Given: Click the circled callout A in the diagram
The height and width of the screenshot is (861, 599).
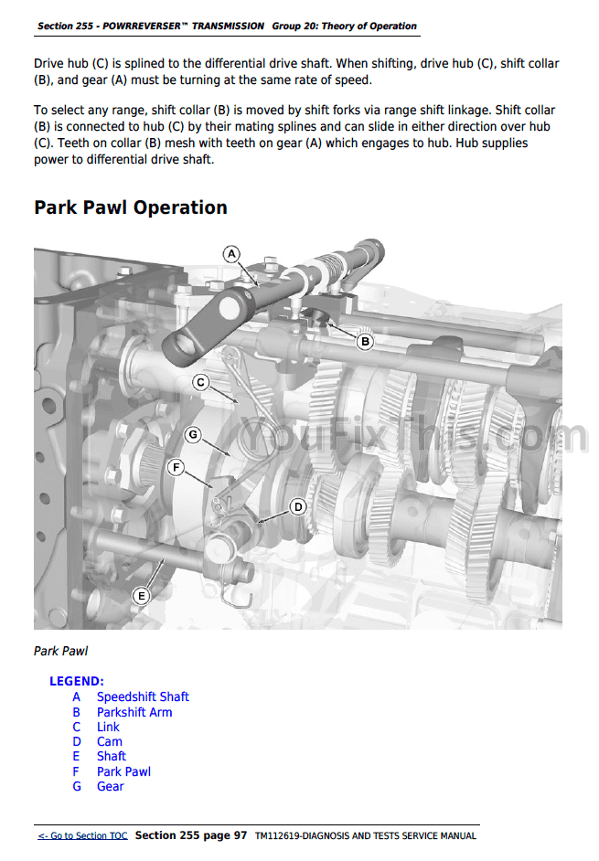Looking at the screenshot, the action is (x=232, y=254).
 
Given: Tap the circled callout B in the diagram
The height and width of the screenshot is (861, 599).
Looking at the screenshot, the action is (x=365, y=342).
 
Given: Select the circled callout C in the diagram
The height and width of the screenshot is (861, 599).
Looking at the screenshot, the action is (x=200, y=382).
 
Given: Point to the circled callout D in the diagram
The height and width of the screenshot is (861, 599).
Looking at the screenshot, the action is (x=298, y=507).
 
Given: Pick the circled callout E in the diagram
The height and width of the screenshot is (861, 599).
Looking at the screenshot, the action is (x=141, y=596).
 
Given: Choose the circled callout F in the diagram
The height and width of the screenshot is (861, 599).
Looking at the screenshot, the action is (x=176, y=467).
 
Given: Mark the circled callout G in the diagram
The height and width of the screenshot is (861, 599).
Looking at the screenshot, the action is (x=192, y=435).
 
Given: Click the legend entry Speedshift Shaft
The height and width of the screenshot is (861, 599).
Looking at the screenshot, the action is (x=143, y=696).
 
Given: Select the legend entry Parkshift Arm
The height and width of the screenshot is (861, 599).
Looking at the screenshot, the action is (x=134, y=712).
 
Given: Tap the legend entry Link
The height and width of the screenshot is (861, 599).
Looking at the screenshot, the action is (x=108, y=727).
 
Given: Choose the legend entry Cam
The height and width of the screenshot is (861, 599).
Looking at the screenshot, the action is (x=110, y=742).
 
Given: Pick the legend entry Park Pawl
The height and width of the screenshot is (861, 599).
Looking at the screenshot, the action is (x=123, y=771).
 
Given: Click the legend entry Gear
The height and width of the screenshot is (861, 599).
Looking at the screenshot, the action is (x=111, y=786).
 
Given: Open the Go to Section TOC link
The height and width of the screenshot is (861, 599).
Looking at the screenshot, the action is (x=82, y=835).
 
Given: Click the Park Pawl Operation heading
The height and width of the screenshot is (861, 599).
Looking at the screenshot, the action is (x=131, y=207).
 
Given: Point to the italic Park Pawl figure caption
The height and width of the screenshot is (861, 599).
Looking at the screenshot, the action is (x=60, y=652).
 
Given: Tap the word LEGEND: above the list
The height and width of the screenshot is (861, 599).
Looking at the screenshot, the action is (x=77, y=682).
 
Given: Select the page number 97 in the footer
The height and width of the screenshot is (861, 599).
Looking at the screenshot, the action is (x=241, y=835).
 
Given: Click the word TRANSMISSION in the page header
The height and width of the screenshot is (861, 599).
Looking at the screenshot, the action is (x=228, y=26).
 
